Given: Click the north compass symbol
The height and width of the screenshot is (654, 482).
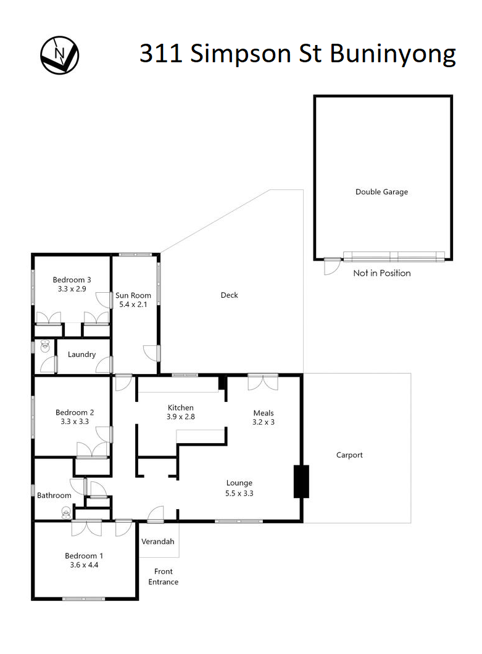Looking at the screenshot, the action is click(x=59, y=55).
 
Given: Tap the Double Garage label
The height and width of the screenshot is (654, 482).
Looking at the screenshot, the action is click(x=381, y=192).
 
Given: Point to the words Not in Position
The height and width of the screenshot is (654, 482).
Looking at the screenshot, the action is click(x=382, y=273).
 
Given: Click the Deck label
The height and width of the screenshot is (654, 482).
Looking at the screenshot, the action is click(x=229, y=295).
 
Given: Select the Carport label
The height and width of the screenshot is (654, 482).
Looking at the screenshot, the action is click(x=349, y=455).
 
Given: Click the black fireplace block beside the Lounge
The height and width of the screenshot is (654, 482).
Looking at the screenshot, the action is click(x=301, y=481).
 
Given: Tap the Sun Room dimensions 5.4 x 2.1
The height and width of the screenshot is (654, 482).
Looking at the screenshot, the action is click(x=133, y=305).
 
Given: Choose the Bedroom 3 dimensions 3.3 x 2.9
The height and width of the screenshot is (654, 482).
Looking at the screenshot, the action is click(x=72, y=288).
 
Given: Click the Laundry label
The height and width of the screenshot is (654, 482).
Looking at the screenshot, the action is click(x=81, y=354).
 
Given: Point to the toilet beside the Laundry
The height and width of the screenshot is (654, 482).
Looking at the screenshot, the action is click(x=45, y=346).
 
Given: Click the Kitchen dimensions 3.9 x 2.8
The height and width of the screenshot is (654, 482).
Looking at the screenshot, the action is click(x=180, y=417).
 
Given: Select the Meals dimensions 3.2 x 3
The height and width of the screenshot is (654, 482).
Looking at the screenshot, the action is click(x=263, y=422).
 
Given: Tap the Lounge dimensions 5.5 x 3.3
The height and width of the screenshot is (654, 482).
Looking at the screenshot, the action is click(x=239, y=493).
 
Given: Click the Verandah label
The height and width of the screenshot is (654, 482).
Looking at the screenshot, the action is click(x=157, y=541).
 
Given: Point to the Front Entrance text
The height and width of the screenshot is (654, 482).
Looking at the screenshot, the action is click(x=164, y=576).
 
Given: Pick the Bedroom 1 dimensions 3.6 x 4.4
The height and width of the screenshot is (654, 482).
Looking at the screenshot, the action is click(x=84, y=565).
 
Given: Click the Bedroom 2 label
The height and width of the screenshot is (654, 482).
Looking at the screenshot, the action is click(x=75, y=412).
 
